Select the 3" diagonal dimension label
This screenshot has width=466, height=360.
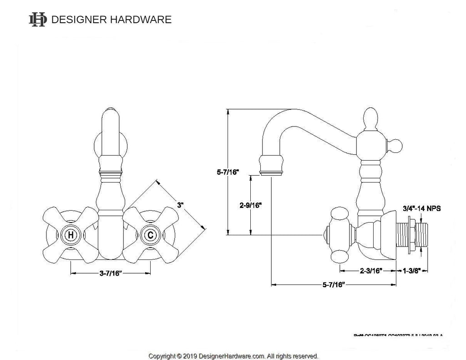point(181,205)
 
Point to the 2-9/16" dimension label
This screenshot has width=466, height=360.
point(250,205)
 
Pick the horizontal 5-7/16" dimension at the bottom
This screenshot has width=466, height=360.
point(334,285)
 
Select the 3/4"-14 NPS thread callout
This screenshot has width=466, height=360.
point(421,209)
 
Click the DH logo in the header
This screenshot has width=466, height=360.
point(37,20)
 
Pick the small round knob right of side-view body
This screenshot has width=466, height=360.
point(395,146)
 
